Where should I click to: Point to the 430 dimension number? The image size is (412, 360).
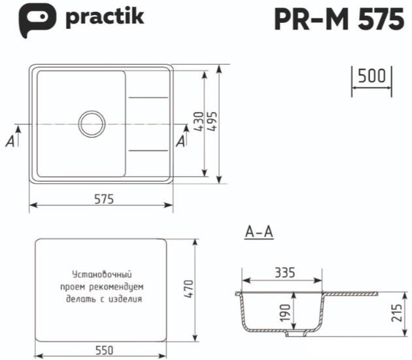pyautogui.click(x=199, y=122)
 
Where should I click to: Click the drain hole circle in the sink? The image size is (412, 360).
pyautogui.click(x=92, y=123)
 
